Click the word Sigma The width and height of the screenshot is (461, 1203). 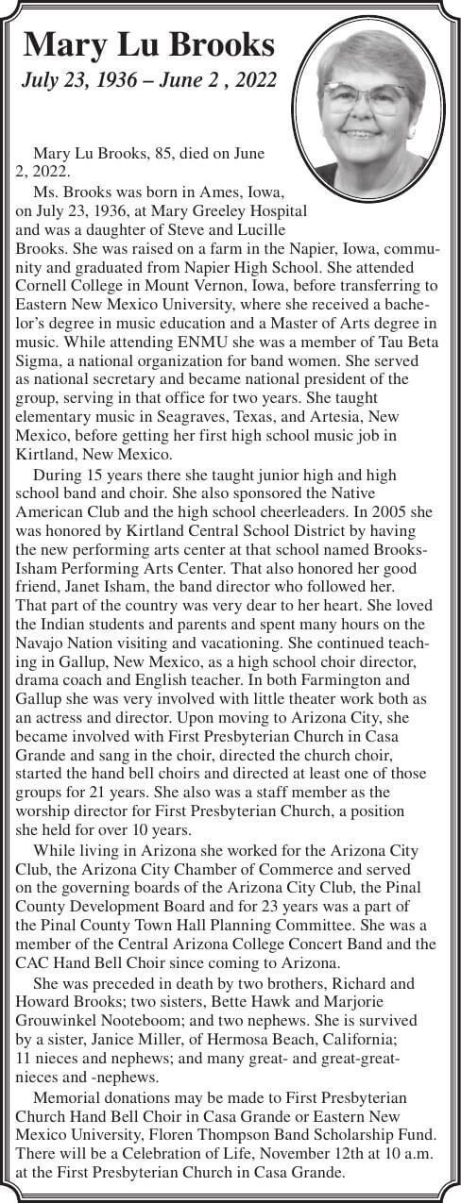tap(40, 359)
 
